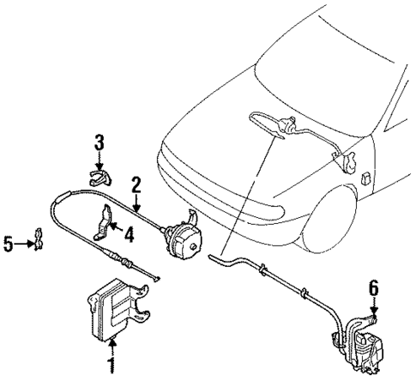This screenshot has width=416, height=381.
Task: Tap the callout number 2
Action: pyautogui.click(x=136, y=184)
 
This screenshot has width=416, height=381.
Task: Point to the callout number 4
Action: pyautogui.click(x=128, y=232)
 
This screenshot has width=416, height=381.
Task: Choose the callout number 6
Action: pyautogui.click(x=373, y=287)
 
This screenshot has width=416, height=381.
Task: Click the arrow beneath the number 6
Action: pyautogui.click(x=373, y=302)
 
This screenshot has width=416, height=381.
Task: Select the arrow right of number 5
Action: pyautogui.click(x=25, y=245)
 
